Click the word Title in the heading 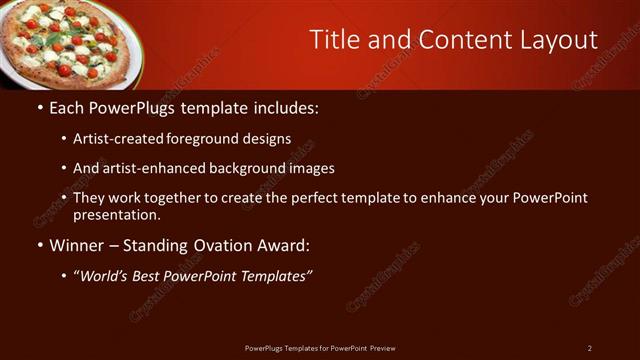coord(334,40)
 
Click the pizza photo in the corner coord(70,40)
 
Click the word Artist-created coord(119,140)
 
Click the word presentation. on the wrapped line coord(117,214)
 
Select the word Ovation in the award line coord(217,244)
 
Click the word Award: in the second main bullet coord(282,244)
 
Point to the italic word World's coord(104,276)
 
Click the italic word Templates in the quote coord(273,276)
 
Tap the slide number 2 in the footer coord(589,348)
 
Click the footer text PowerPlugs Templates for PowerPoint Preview coord(320,348)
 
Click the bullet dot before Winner coord(39,245)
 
